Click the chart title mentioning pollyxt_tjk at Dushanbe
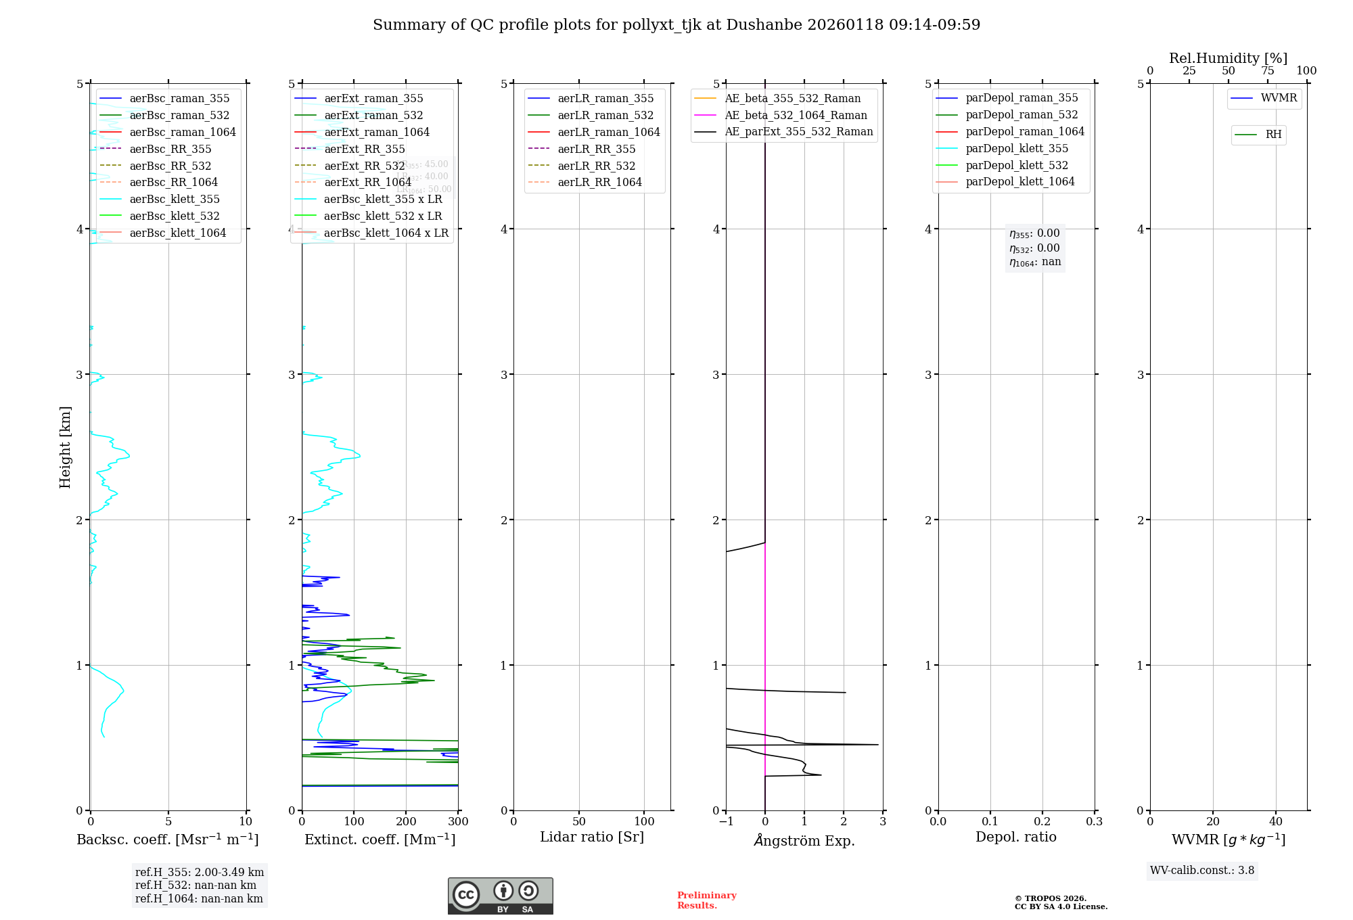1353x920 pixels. (x=676, y=25)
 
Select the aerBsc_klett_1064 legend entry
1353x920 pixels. (x=177, y=233)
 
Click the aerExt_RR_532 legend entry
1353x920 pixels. (x=365, y=166)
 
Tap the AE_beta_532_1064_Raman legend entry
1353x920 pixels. (x=796, y=115)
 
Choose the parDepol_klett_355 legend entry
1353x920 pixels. (x=1017, y=148)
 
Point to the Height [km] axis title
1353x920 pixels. (x=65, y=446)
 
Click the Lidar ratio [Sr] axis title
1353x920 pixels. (x=592, y=837)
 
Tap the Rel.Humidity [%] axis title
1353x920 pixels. (x=1228, y=58)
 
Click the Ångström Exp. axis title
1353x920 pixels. (x=804, y=840)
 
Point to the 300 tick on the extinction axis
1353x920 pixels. (x=458, y=822)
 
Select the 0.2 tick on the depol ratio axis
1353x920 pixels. (x=1042, y=822)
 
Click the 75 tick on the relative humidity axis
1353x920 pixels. (x=1267, y=71)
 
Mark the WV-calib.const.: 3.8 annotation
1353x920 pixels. (x=1202, y=871)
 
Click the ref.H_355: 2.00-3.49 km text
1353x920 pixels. (x=200, y=872)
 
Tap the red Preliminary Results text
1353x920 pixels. (x=706, y=900)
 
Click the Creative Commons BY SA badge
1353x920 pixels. (x=500, y=896)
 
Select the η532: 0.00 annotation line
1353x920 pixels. (x=1034, y=248)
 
